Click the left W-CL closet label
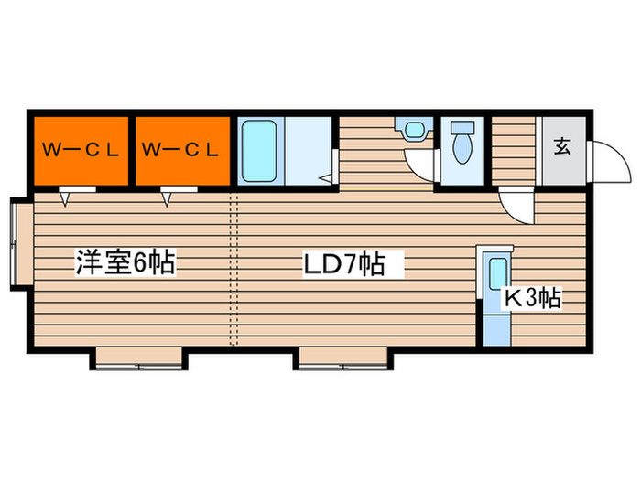click(81, 150)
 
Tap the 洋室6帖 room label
click(125, 265)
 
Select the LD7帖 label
click(343, 265)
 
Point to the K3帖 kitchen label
click(533, 297)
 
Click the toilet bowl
click(462, 144)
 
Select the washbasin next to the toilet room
click(415, 129)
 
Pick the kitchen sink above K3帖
click(497, 274)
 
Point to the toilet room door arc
click(420, 165)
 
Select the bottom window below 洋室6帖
click(139, 360)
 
